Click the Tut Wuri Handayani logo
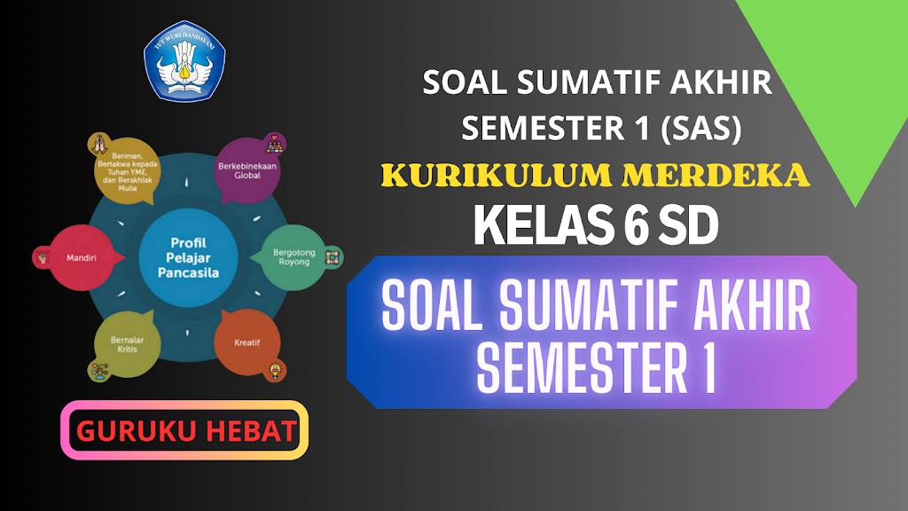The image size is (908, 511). [184, 61]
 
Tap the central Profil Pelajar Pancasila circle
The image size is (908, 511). [188, 258]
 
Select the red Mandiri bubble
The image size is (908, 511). [82, 258]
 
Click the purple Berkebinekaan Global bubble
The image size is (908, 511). [247, 170]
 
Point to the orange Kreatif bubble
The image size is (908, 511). [247, 342]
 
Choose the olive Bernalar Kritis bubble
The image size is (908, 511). [128, 344]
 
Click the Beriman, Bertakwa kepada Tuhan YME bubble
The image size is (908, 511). [128, 171]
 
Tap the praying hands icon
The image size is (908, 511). [99, 145]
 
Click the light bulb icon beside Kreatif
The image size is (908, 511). [275, 371]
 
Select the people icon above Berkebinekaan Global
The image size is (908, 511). [275, 144]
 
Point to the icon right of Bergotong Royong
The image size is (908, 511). [333, 257]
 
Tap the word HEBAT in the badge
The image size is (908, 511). [251, 431]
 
